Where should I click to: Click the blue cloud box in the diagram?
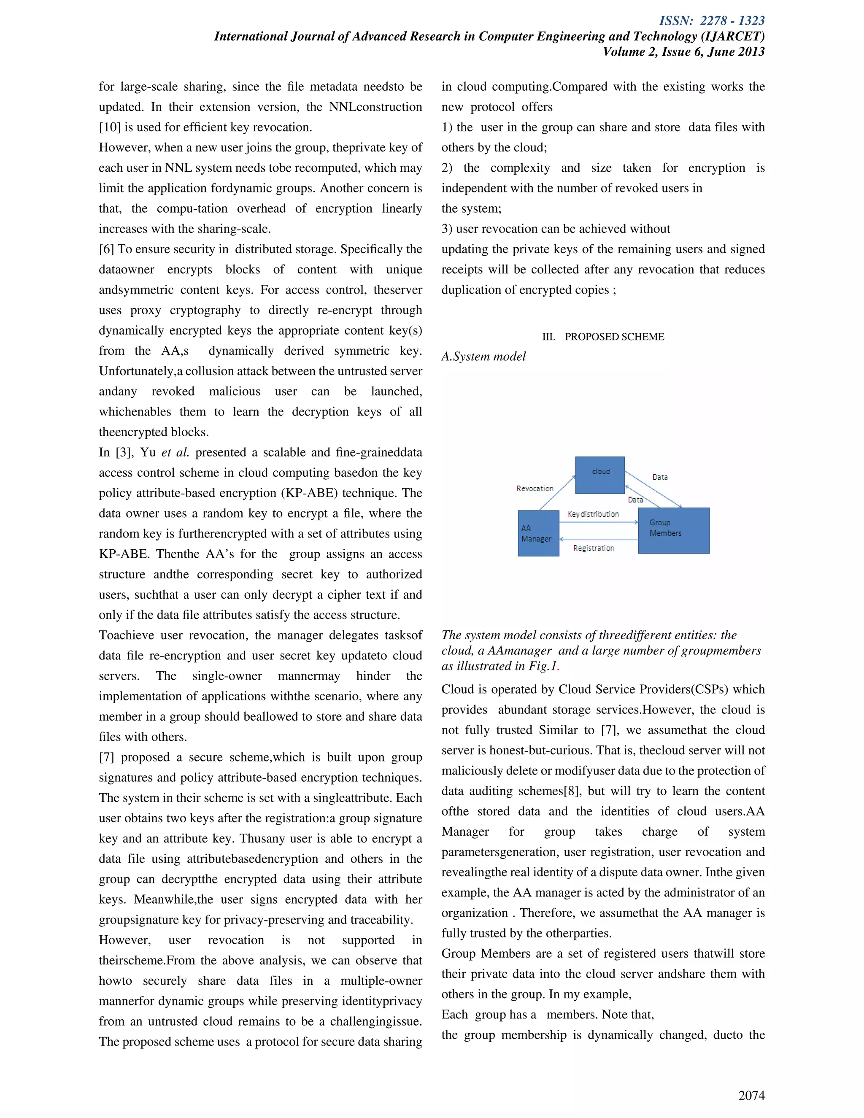[x=599, y=475]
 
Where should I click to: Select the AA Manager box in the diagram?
[x=538, y=533]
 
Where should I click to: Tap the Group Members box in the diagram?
[x=673, y=530]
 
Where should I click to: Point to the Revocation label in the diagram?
[x=535, y=489]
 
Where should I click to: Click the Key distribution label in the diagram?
[x=593, y=514]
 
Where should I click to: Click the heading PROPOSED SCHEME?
[x=614, y=336]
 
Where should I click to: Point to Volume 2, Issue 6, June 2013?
[x=683, y=52]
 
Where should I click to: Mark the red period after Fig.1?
[x=558, y=667]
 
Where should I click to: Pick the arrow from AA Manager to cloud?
[x=558, y=492]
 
